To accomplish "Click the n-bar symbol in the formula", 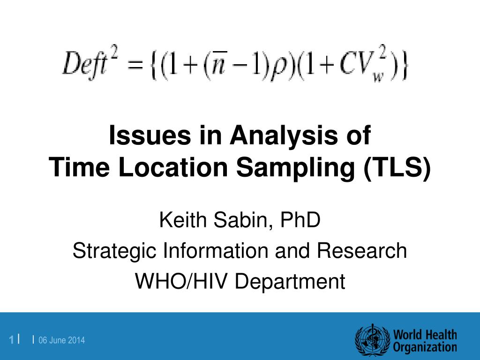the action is (218, 64).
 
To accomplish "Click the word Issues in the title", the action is (150, 135).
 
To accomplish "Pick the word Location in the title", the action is (173, 167).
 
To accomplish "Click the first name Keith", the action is (183, 219).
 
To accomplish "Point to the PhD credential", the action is (300, 219).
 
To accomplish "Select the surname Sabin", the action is (240, 220).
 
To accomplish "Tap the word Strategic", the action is (114, 251).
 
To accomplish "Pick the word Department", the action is (290, 282).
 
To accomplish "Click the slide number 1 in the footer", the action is (11, 340).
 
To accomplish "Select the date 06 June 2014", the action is (61, 340).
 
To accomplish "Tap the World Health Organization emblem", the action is (372, 340).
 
